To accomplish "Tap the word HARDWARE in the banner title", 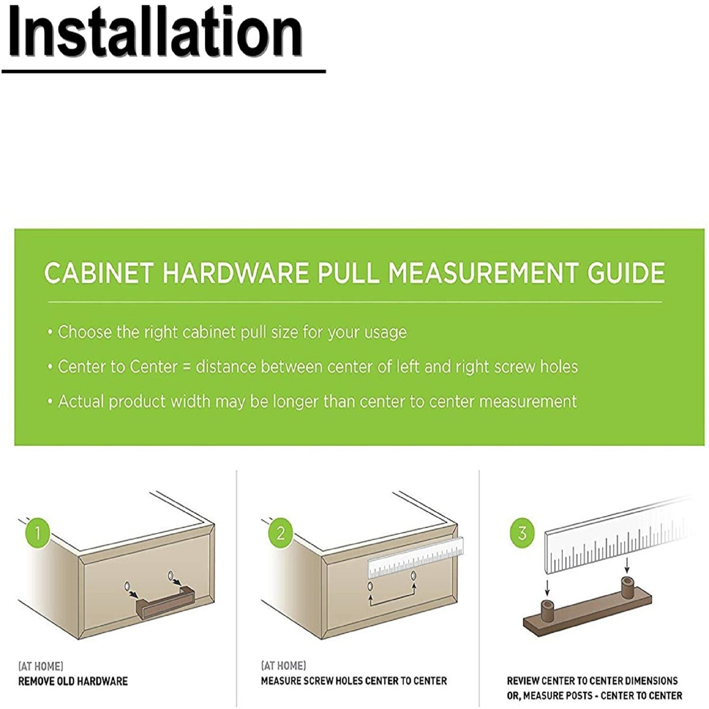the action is [235, 273].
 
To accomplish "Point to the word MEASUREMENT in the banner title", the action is [484, 273].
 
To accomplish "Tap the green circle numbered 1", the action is [37, 533].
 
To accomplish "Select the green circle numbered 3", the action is [522, 533].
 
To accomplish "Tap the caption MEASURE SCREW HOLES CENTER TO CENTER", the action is [354, 681].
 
